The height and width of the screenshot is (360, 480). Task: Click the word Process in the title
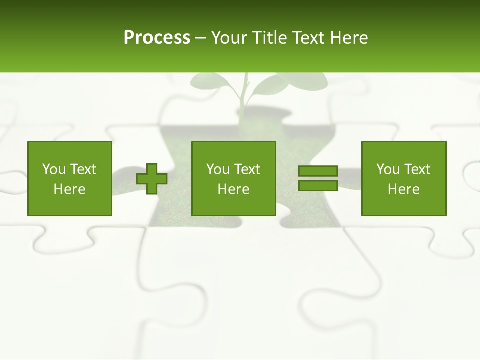coord(157,38)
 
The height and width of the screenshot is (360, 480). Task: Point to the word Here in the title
coord(349,38)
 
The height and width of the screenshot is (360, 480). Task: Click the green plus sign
coord(152,179)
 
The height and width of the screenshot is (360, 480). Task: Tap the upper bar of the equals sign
coord(318,171)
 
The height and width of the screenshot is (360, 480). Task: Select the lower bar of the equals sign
coord(318,185)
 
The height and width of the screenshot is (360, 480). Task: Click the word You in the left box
coord(54,169)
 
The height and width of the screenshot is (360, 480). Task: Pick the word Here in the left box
coord(69,189)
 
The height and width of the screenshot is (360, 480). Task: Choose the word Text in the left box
coord(82,169)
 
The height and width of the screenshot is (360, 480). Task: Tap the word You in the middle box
coord(218,169)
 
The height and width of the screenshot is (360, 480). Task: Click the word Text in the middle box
coord(246,169)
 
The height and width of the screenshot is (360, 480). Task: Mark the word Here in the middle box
coord(233,189)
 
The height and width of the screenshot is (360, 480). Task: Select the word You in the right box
coord(388,169)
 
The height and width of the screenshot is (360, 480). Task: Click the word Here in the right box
coord(403,189)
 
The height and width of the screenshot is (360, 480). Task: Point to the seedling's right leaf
coord(280,85)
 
